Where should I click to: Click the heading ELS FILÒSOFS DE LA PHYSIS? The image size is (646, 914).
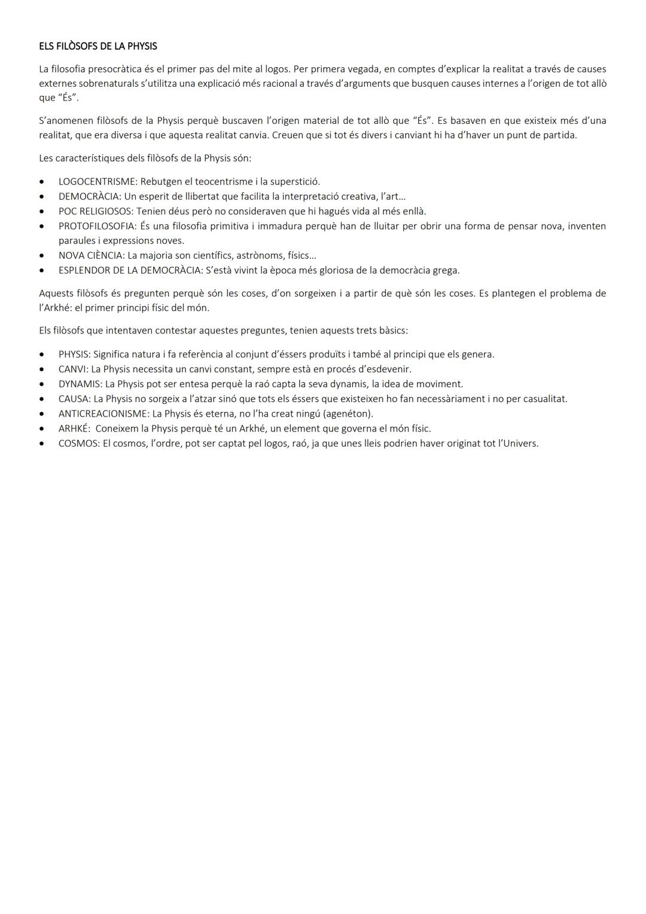(98, 46)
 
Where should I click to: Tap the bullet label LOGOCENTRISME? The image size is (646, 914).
(97, 181)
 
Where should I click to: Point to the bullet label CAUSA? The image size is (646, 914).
(74, 399)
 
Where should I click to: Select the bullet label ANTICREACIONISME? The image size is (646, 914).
(103, 414)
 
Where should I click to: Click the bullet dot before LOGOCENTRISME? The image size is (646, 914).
(41, 181)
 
